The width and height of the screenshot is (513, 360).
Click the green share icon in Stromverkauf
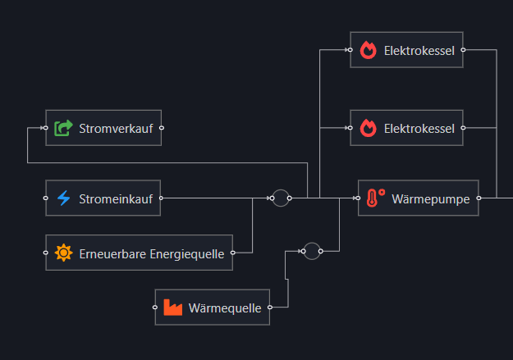pos(63,128)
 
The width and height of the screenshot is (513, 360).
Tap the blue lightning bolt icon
pos(63,198)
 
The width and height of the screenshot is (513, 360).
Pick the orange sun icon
pos(63,253)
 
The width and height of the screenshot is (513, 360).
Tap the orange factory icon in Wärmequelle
pos(172,308)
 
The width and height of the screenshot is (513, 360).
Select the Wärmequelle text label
pos(224,308)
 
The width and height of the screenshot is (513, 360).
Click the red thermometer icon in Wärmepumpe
pos(376,198)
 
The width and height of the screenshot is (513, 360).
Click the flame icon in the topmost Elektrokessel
pos(368,50)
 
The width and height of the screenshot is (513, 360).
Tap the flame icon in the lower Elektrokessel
pos(368,128)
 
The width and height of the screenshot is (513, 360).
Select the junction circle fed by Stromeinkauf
pos(281,198)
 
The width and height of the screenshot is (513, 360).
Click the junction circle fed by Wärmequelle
pos(311,251)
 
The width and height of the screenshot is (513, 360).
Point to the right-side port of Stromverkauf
pos(162,128)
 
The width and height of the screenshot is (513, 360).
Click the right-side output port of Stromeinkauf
pos(161,198)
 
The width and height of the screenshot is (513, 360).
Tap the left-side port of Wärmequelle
pos(155,308)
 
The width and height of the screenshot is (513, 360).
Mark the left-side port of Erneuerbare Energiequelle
pos(46,253)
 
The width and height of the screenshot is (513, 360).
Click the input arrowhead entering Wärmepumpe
pos(355,198)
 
